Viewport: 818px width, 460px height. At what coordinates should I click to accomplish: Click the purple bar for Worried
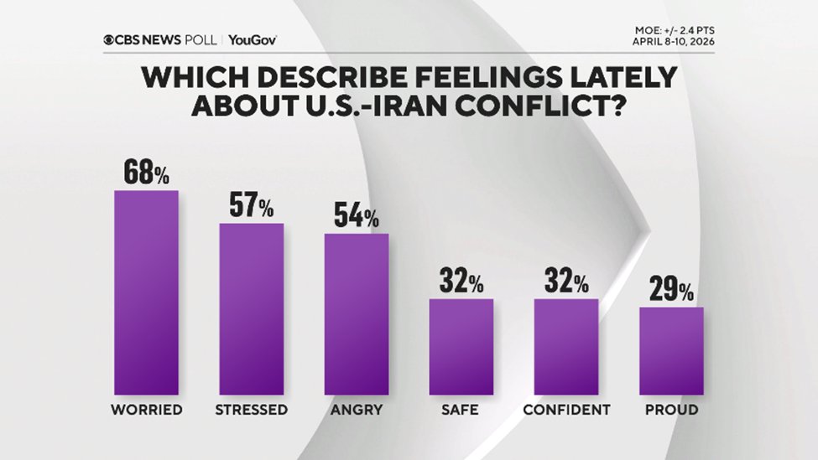point(146,292)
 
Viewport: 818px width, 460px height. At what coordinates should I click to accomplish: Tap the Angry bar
point(357,313)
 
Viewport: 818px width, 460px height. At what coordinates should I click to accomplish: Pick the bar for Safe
point(461,346)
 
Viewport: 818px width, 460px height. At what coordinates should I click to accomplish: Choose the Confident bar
point(566,346)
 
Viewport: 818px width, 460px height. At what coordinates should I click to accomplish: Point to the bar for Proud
point(671,350)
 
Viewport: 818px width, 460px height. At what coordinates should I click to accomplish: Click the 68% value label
point(146,173)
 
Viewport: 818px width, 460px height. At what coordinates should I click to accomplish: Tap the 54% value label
point(357,216)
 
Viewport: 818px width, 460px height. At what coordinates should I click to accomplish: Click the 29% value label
point(671,290)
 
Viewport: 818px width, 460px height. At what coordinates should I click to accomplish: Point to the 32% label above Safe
point(461,282)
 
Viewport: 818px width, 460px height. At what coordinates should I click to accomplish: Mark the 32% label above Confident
point(566,282)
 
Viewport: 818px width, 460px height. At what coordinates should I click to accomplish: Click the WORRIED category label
point(146,411)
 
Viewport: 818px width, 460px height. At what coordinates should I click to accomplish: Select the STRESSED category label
point(251,411)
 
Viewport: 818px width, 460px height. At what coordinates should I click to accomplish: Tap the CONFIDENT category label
point(566,411)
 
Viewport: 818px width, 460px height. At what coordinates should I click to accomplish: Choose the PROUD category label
point(671,411)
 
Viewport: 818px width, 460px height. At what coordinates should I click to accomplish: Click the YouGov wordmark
point(252,39)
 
